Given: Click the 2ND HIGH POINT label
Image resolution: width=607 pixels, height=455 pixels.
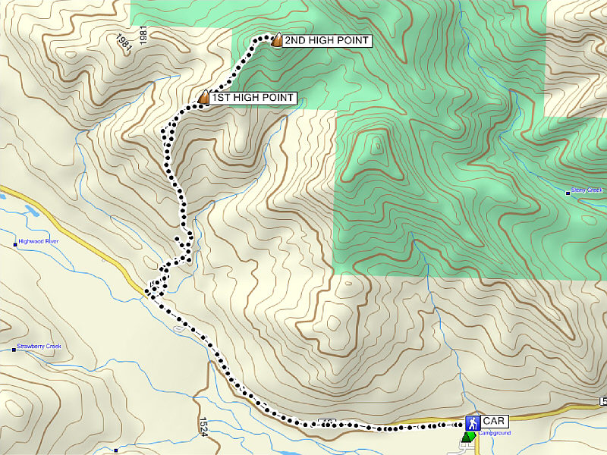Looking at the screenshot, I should click(326, 41).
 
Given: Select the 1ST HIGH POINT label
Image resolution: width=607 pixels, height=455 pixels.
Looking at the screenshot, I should click(253, 98).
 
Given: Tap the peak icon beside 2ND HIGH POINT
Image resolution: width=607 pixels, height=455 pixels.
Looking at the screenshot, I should click(277, 40).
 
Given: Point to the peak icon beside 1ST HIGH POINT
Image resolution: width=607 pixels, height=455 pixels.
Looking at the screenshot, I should click(203, 97).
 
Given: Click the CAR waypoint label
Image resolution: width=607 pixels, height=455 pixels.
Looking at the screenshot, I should click(495, 420).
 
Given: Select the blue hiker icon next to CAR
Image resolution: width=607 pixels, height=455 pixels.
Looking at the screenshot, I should click(472, 421).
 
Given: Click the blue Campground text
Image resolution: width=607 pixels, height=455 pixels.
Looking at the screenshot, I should click(494, 433).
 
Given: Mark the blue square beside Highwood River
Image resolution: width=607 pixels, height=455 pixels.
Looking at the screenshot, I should click(16, 244).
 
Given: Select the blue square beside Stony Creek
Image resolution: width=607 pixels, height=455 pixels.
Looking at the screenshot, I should click(568, 193).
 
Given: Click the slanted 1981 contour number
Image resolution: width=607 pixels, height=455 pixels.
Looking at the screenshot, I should click(124, 42).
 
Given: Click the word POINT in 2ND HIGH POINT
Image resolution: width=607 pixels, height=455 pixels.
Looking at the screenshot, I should click(351, 41).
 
